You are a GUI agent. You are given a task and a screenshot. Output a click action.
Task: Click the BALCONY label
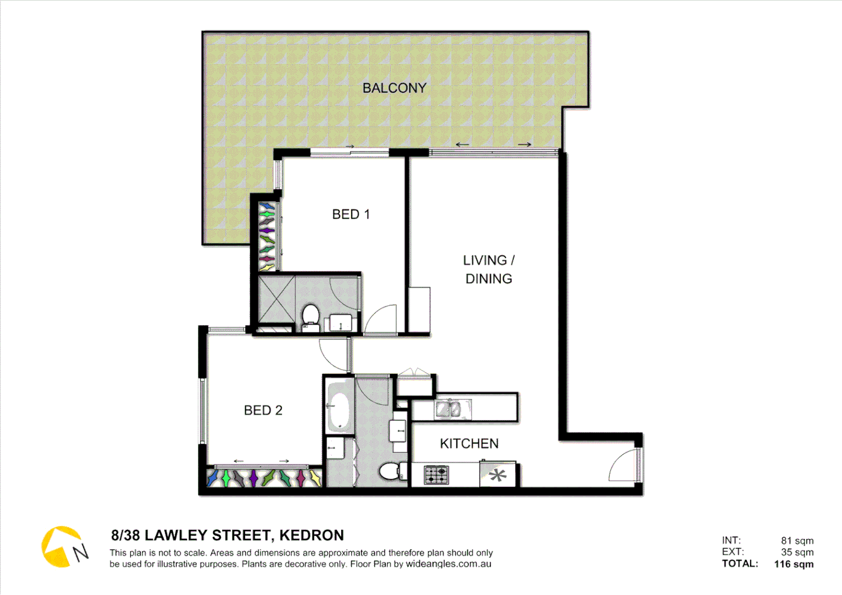[395, 88]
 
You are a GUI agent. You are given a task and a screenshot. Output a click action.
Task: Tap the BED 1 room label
[351, 214]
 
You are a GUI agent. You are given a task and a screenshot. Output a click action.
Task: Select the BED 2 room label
[263, 410]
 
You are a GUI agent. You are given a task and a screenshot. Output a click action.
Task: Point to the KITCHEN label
[469, 443]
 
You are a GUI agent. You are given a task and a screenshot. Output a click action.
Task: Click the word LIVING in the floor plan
[484, 260]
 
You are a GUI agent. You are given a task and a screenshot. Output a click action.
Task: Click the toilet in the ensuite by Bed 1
[311, 316]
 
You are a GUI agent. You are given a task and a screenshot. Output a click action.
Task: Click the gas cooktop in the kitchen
[436, 475]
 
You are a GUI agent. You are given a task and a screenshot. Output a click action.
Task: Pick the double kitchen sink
[449, 409]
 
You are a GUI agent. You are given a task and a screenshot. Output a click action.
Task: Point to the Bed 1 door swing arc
[381, 320]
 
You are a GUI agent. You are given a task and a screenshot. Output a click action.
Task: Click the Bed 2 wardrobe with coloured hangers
[264, 478]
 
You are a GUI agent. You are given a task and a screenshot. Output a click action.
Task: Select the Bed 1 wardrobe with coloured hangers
[267, 236]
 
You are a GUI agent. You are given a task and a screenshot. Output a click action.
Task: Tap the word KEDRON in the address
[311, 535]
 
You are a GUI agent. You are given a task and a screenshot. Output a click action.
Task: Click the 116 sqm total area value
[794, 564]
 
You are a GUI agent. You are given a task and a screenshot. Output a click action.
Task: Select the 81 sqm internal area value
[797, 541]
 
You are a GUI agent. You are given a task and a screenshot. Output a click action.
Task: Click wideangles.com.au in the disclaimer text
[449, 564]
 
